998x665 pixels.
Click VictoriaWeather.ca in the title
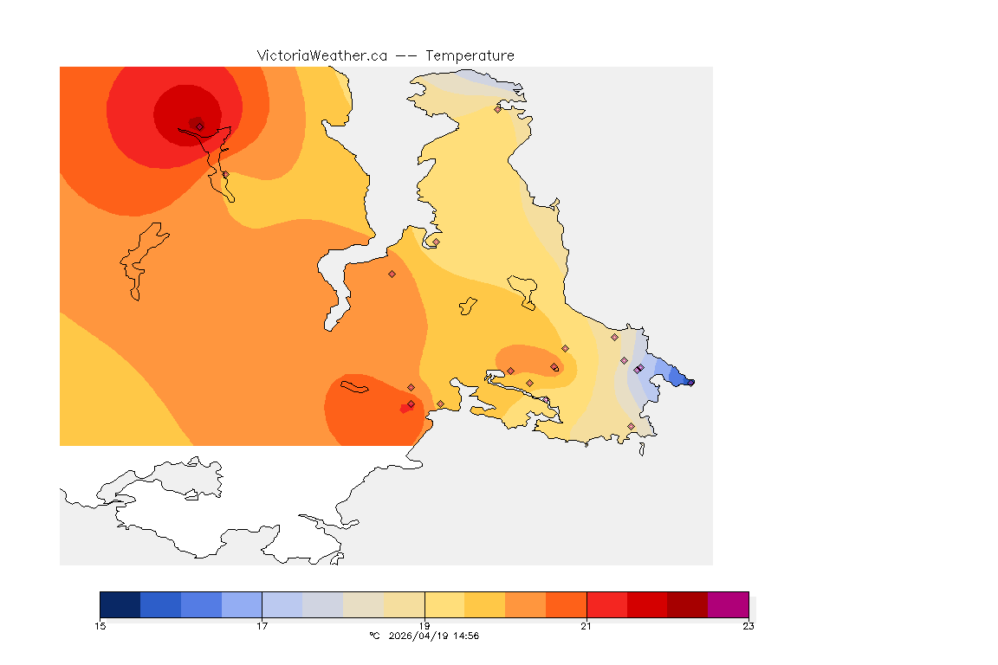pyautogui.click(x=321, y=55)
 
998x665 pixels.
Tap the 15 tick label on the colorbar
pyautogui.click(x=100, y=626)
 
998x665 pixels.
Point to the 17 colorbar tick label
pyautogui.click(x=262, y=626)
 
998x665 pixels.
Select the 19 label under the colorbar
pyautogui.click(x=424, y=626)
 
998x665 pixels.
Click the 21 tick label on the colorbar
pyautogui.click(x=586, y=626)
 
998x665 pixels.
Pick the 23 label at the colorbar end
pyautogui.click(x=748, y=626)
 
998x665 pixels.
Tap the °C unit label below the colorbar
pyautogui.click(x=374, y=636)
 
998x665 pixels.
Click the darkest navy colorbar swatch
pyautogui.click(x=120, y=604)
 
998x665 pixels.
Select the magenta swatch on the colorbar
pyautogui.click(x=728, y=604)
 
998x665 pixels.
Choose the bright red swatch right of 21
pyautogui.click(x=606, y=604)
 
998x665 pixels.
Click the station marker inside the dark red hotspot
pyautogui.click(x=199, y=126)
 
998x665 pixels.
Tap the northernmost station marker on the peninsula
pyautogui.click(x=497, y=109)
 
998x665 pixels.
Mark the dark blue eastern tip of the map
pyautogui.click(x=688, y=380)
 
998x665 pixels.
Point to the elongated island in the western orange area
pyautogui.click(x=139, y=260)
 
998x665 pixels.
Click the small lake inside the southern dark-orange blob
pyautogui.click(x=354, y=386)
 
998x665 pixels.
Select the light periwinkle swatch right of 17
pyautogui.click(x=282, y=604)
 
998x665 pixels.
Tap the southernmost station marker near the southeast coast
pyautogui.click(x=631, y=427)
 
